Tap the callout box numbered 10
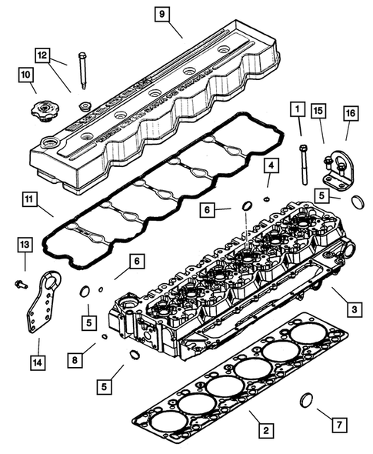27,75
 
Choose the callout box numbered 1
296,111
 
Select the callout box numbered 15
318,111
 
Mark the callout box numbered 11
29,201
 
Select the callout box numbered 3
353,309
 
